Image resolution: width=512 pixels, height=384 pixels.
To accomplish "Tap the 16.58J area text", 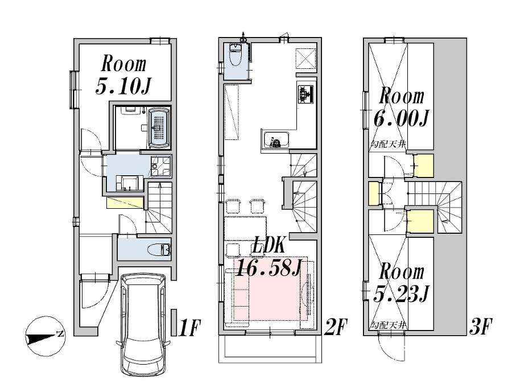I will click(267, 267).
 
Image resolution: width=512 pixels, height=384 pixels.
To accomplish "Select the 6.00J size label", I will click(401, 118).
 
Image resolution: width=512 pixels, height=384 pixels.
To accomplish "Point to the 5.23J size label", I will click(401, 294).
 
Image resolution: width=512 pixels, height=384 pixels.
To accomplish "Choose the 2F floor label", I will click(335, 328).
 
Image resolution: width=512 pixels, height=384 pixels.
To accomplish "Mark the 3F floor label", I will click(481, 328).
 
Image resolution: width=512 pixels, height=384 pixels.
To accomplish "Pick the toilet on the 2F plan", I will click(235, 57).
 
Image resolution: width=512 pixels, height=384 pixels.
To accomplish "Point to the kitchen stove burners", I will click(305, 94).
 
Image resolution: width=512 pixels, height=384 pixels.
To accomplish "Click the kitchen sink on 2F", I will click(276, 139).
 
